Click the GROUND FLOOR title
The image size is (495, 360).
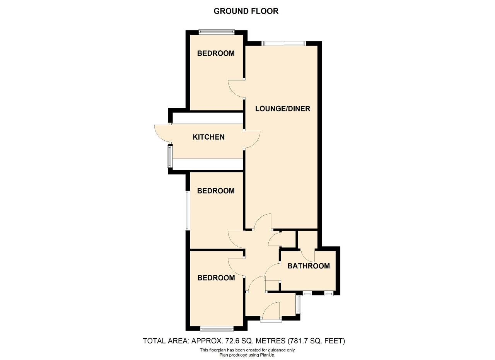pyautogui.click(x=246, y=11)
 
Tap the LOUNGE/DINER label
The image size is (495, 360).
pyautogui.click(x=283, y=109)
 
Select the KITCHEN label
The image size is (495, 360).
pyautogui.click(x=208, y=137)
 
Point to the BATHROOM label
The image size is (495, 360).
pyautogui.click(x=309, y=266)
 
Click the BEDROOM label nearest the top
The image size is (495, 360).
pyautogui.click(x=216, y=53)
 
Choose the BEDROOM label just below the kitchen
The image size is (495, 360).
pyautogui.click(x=216, y=191)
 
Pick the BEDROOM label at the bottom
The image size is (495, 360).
pyautogui.click(x=216, y=278)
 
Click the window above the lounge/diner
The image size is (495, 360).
pyautogui.click(x=283, y=43)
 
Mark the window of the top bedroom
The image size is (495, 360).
pyautogui.click(x=216, y=32)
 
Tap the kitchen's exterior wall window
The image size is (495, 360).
pyautogui.click(x=170, y=156)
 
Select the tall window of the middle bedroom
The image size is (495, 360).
pyautogui.click(x=188, y=211)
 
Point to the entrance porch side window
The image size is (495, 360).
pyautogui.click(x=299, y=305)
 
